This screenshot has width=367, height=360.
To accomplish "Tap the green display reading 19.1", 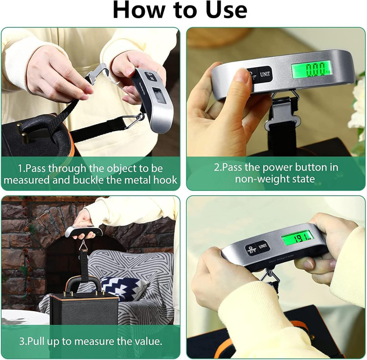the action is coord(298,238).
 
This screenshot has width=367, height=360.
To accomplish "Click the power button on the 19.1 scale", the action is coord(252,249).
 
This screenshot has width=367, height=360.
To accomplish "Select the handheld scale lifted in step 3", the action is coord(84,231).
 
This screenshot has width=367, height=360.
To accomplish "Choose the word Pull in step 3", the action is coord(37,341).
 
